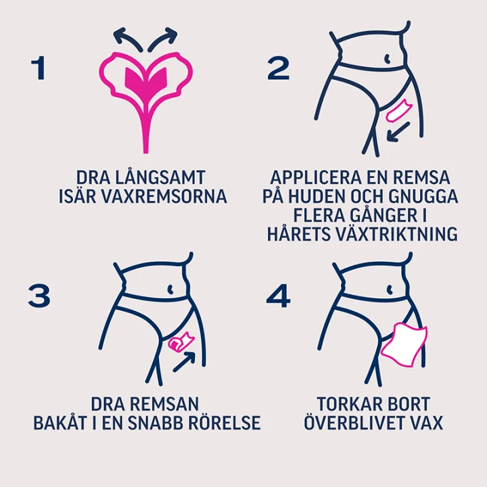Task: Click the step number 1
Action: click(39, 68)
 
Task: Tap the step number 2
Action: click(278, 68)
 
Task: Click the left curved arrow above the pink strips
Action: click(127, 39)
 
